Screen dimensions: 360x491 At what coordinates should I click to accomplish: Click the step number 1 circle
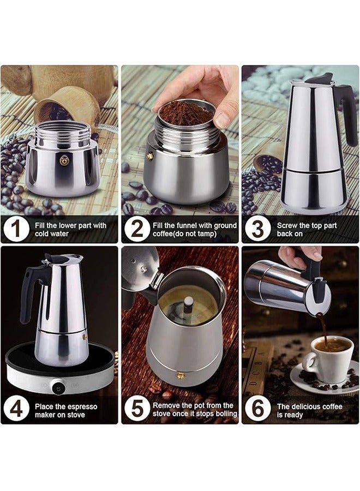pyautogui.click(x=16, y=229)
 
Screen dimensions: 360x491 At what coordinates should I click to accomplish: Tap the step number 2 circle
pyautogui.click(x=137, y=229)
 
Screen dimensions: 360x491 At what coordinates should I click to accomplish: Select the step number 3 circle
pyautogui.click(x=257, y=229)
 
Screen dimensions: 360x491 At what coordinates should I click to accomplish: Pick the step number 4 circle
pyautogui.click(x=16, y=410)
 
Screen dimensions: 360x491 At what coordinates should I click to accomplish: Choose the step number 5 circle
pyautogui.click(x=137, y=410)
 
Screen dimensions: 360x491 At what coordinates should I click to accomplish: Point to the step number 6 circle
pyautogui.click(x=257, y=410)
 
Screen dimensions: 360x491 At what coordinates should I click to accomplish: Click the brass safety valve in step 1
pyautogui.click(x=64, y=160)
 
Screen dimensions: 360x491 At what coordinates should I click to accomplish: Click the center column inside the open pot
pyautogui.click(x=188, y=306)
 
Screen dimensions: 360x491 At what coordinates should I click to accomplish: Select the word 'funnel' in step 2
pyautogui.click(x=188, y=225)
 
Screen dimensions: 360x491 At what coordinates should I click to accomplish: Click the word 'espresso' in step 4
pyautogui.click(x=83, y=407)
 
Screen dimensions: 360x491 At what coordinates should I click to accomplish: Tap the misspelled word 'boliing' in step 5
pyautogui.click(x=226, y=414)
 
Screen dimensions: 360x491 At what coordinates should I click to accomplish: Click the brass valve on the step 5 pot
pyautogui.click(x=180, y=375)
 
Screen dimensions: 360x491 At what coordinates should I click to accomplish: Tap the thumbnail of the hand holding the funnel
pyautogui.click(x=180, y=154)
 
